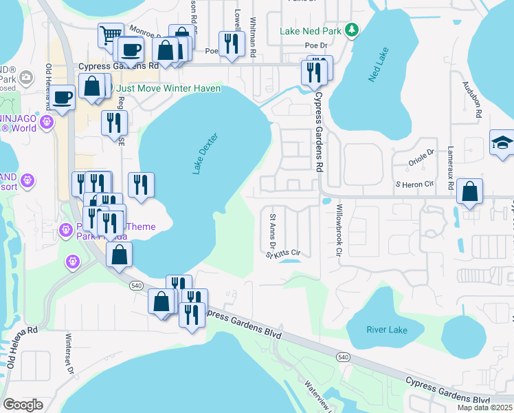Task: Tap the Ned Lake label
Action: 379,66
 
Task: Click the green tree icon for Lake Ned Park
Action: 352,30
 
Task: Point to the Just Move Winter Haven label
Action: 168,88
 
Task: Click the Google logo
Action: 23,404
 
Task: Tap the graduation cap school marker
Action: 502,142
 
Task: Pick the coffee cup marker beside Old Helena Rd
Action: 62,97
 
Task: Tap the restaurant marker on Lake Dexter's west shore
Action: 141,184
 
